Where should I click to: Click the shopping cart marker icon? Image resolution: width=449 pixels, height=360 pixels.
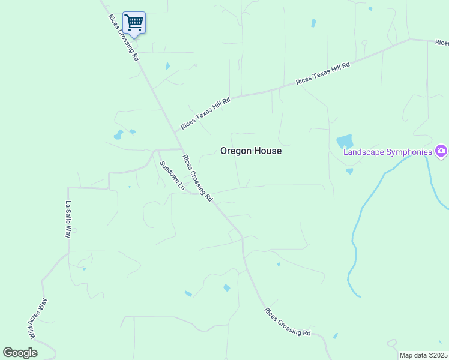pyautogui.click(x=134, y=23)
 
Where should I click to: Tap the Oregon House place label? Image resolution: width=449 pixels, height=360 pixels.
pyautogui.click(x=250, y=151)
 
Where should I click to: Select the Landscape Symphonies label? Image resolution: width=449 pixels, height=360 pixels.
pyautogui.click(x=387, y=152)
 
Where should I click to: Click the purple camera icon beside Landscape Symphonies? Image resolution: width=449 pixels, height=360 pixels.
pyautogui.click(x=442, y=151)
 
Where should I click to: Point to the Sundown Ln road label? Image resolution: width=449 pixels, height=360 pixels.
pyautogui.click(x=172, y=175)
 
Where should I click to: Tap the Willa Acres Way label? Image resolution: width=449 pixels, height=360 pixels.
pyautogui.click(x=37, y=318)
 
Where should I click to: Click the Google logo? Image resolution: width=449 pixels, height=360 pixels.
pyautogui.click(x=20, y=352)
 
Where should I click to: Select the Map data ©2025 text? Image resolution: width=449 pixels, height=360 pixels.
pyautogui.click(x=424, y=355)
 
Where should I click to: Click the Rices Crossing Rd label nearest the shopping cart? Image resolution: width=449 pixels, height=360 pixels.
pyautogui.click(x=124, y=37)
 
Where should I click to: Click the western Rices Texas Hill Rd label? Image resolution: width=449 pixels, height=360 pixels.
pyautogui.click(x=205, y=113)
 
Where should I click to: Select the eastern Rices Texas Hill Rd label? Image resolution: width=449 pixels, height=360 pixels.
pyautogui.click(x=322, y=72)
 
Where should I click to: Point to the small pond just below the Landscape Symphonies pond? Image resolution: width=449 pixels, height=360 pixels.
pyautogui.click(x=349, y=171)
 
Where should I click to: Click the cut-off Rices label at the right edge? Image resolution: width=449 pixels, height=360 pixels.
pyautogui.click(x=442, y=43)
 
